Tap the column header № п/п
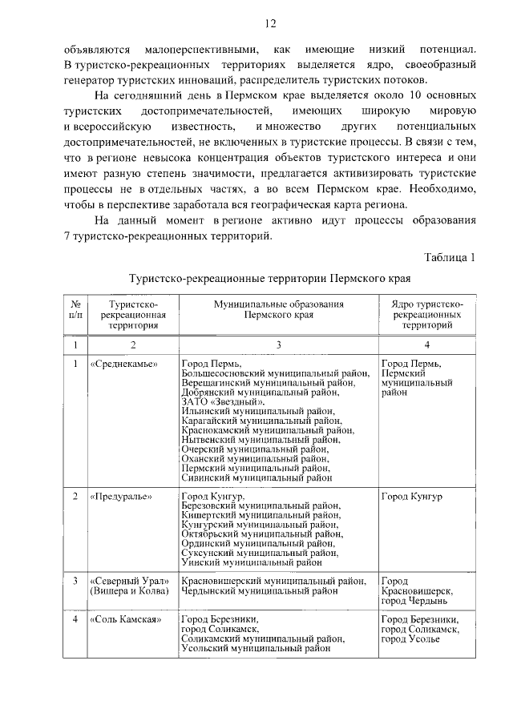(x=74, y=310)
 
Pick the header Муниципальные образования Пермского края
(x=278, y=310)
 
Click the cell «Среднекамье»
(x=124, y=364)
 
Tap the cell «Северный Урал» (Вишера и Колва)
(x=127, y=586)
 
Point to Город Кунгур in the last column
(x=411, y=496)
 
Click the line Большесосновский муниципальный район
(x=275, y=373)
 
